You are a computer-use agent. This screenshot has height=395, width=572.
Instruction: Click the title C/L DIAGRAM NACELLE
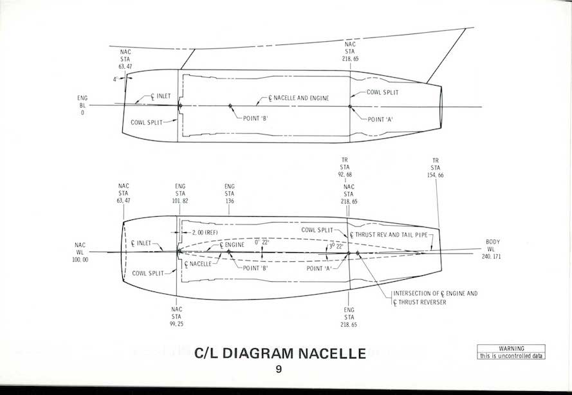(279, 353)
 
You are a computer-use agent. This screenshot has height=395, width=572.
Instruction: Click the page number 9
(279, 369)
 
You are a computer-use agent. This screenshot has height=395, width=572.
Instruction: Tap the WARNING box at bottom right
(512, 353)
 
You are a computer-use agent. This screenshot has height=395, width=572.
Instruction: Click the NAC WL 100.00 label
(80, 252)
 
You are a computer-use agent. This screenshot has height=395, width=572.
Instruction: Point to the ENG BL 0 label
(82, 105)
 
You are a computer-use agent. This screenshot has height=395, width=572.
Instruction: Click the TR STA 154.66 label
(436, 167)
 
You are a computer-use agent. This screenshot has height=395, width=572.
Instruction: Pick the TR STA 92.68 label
(349, 167)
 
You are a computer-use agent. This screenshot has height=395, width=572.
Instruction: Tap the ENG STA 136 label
(230, 193)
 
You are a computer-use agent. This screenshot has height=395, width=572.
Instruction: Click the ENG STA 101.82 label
(180, 193)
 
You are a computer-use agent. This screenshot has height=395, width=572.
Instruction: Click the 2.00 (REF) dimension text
(200, 232)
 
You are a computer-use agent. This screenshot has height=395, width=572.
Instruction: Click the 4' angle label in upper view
(115, 80)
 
